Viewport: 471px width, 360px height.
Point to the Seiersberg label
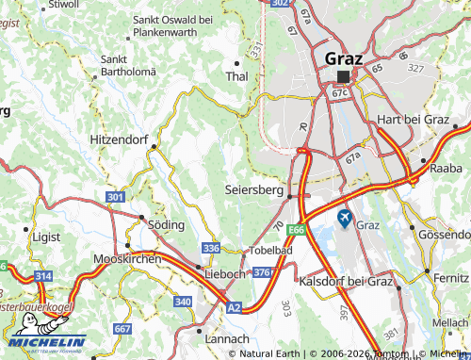tap(254, 190)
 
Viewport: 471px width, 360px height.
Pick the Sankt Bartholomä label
tap(127, 66)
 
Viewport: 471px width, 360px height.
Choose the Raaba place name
tap(446, 167)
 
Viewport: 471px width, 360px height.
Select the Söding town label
tap(166, 225)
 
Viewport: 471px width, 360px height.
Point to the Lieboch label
tap(224, 273)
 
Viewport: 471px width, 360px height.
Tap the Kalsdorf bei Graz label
tap(345, 281)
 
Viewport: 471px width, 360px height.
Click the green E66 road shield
tap(298, 229)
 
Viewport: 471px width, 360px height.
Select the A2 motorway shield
tap(233, 306)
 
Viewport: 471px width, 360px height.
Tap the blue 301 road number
tap(116, 196)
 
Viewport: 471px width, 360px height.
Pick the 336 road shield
tap(212, 248)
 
